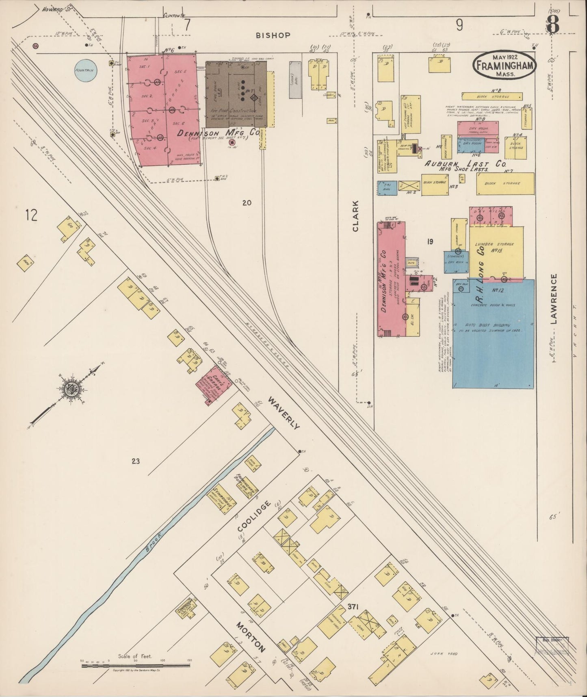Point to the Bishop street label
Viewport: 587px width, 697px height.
[x=273, y=35]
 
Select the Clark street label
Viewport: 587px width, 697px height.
[x=355, y=222]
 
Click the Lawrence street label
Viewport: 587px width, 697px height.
[x=555, y=299]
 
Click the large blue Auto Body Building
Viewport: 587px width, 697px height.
[x=493, y=333]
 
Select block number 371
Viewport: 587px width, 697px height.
[x=352, y=607]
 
